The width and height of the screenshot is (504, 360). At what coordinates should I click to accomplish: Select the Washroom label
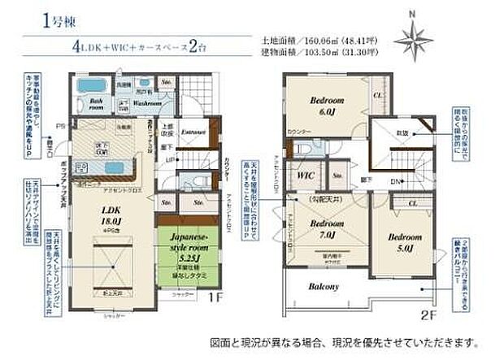pyautogui.click(x=147, y=104)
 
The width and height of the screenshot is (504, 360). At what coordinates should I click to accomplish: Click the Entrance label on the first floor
pyautogui.click(x=193, y=131)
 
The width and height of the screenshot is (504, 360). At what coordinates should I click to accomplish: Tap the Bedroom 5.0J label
pyautogui.click(x=404, y=241)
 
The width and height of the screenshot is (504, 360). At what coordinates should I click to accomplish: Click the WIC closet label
pyautogui.click(x=306, y=176)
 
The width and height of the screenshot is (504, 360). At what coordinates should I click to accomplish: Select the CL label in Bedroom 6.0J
pyautogui.click(x=377, y=96)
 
